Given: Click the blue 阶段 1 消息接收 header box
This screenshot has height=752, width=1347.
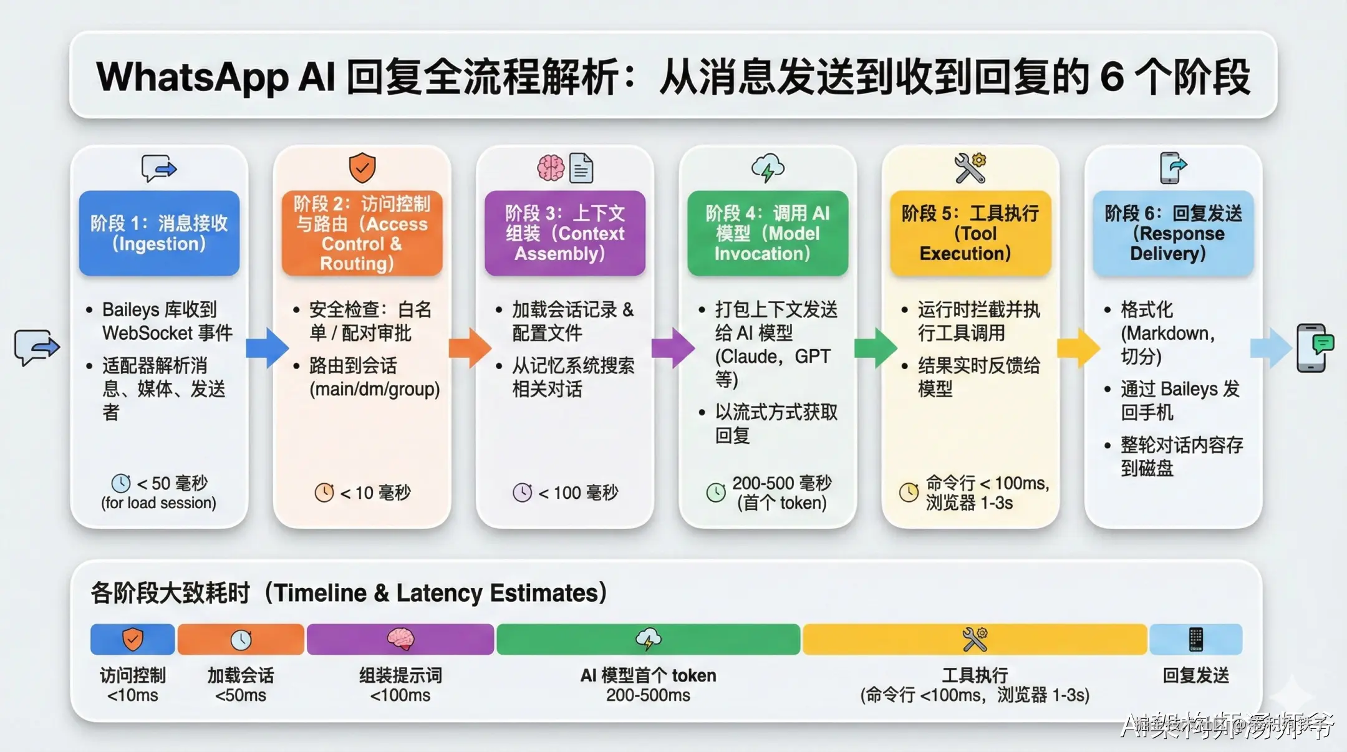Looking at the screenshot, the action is click(x=159, y=233).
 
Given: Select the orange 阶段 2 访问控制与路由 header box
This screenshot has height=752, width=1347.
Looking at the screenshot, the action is click(x=362, y=233).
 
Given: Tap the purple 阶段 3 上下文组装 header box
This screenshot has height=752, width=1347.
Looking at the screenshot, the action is click(x=564, y=233).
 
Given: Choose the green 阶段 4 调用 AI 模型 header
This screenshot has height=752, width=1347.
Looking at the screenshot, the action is click(x=767, y=233).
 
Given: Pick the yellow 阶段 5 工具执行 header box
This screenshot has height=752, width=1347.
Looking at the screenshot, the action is click(x=970, y=233).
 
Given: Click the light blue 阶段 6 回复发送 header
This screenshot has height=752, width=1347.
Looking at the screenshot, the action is click(x=1172, y=233).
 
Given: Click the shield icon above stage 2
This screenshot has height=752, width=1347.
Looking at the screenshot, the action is click(x=362, y=168).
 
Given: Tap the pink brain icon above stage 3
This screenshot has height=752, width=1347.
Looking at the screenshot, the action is click(x=551, y=168).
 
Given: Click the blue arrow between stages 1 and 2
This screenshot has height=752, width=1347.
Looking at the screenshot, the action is click(x=267, y=347).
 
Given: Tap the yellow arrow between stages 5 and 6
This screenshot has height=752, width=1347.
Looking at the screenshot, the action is click(x=1078, y=347).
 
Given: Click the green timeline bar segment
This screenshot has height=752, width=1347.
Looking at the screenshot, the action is click(x=648, y=639).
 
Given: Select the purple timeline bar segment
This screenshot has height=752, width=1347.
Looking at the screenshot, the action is click(x=400, y=639).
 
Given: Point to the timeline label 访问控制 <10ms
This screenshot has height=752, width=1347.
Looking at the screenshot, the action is click(x=132, y=685).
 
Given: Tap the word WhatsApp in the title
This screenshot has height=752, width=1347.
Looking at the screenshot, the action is click(x=192, y=77).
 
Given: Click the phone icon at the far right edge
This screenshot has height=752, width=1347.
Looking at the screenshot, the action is click(x=1314, y=348).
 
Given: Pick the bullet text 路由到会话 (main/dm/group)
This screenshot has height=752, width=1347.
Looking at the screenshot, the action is click(x=374, y=377).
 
